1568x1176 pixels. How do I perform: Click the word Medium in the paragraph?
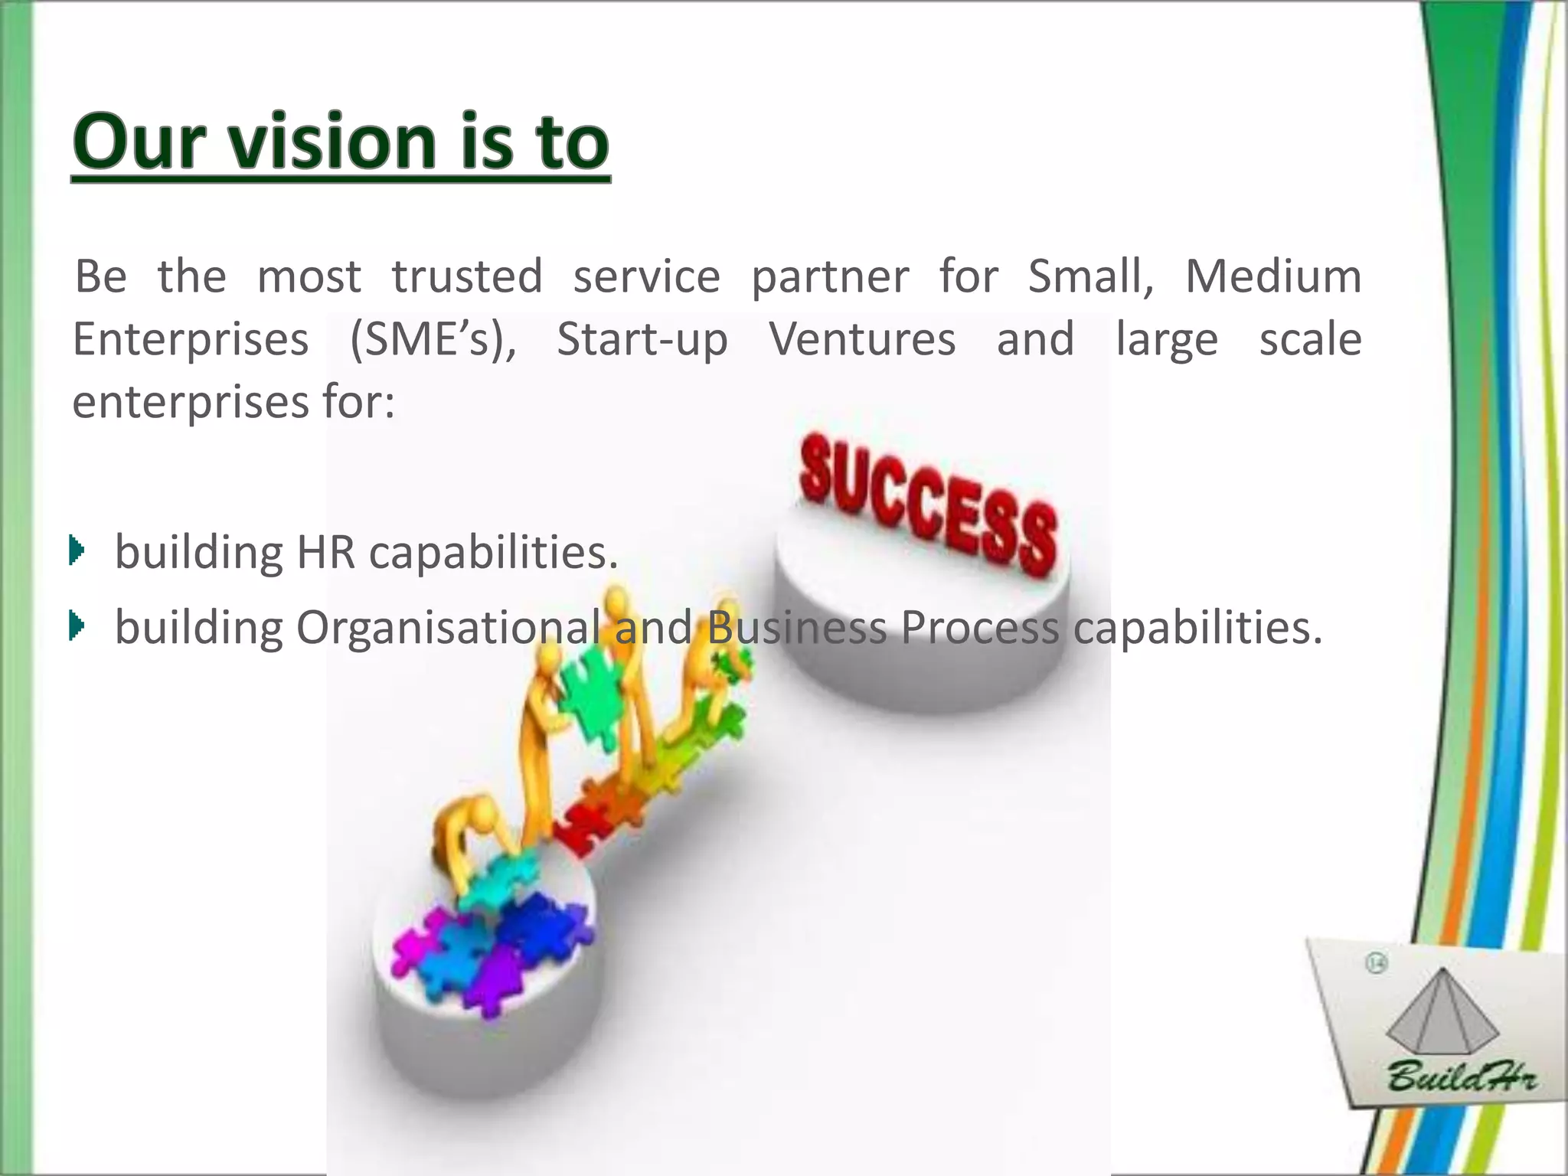1273,276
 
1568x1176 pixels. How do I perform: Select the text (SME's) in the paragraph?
433,339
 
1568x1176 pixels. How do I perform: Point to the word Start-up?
642,339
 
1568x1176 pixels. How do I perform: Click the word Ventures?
862,339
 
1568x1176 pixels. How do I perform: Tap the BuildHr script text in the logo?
1460,1079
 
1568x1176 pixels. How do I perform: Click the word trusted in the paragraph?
467,276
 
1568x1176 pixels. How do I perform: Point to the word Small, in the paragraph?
1090,276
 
